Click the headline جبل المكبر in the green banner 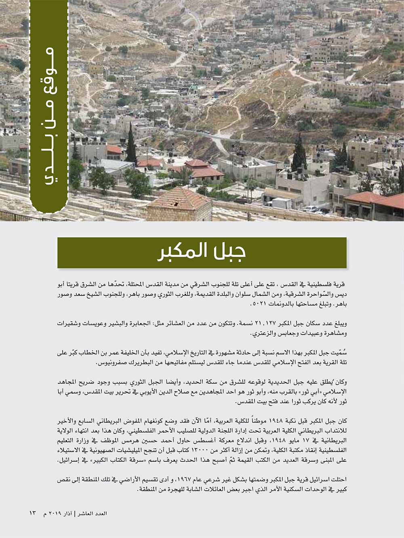[202, 252]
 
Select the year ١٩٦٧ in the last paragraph [185, 479]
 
